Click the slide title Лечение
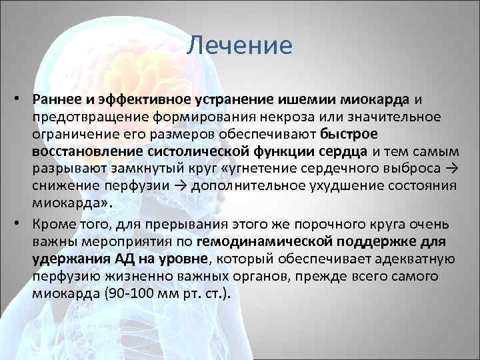click(x=239, y=46)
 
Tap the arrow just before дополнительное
click(x=180, y=187)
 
